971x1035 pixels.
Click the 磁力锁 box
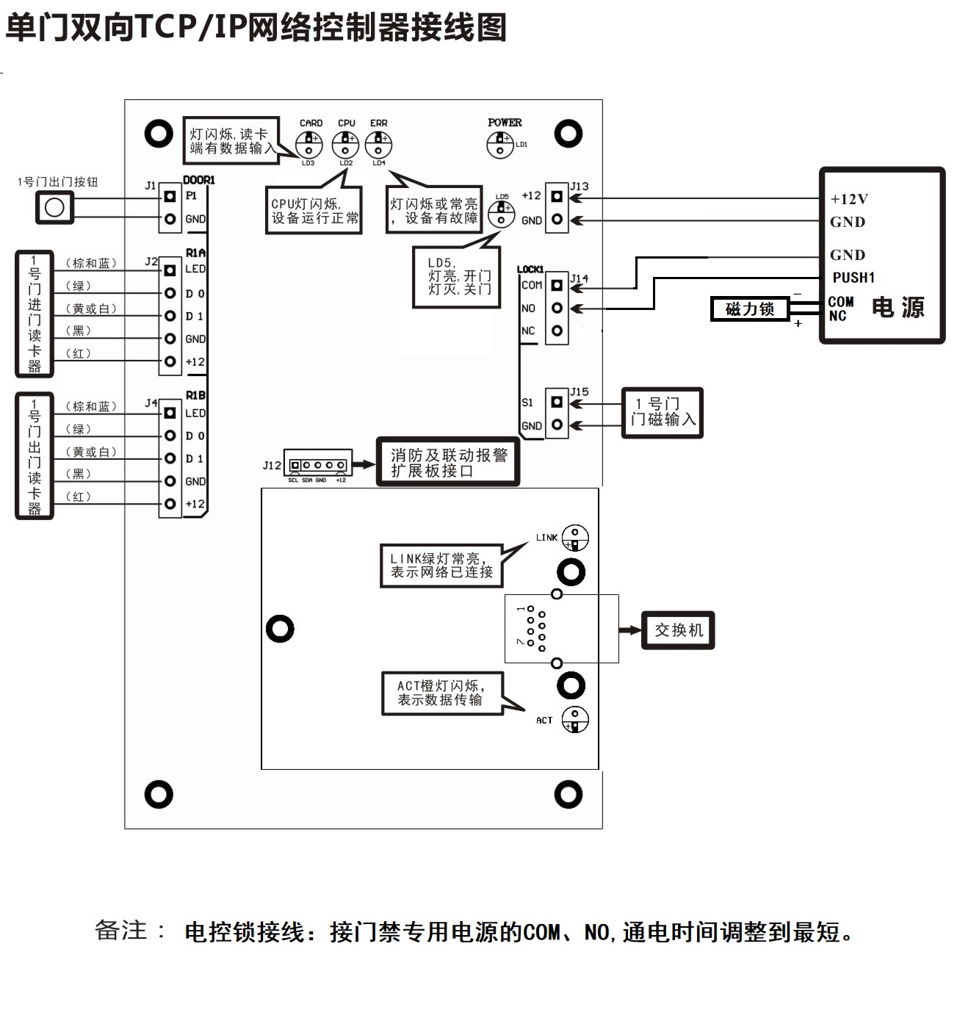[749, 309]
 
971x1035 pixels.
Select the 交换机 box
[678, 630]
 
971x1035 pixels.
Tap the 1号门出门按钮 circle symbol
[54, 208]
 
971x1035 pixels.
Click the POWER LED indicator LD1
[500, 145]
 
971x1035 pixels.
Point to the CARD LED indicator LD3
[310, 144]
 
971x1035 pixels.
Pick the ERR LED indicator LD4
[378, 144]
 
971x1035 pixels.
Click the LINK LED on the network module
[575, 538]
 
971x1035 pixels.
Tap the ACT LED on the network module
[575, 719]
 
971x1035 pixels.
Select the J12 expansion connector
[318, 465]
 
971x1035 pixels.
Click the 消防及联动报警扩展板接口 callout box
[448, 462]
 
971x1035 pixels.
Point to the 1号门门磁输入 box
[662, 413]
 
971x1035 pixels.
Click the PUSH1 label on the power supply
[853, 278]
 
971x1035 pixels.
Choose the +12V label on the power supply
[849, 199]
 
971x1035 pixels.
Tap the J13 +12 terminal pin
[557, 197]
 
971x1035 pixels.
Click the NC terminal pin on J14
[557, 331]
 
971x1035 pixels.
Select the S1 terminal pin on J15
[557, 402]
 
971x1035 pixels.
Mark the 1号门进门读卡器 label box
[35, 314]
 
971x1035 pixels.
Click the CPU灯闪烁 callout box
[314, 210]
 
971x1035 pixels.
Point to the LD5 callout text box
[456, 276]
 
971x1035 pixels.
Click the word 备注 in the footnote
[122, 931]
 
